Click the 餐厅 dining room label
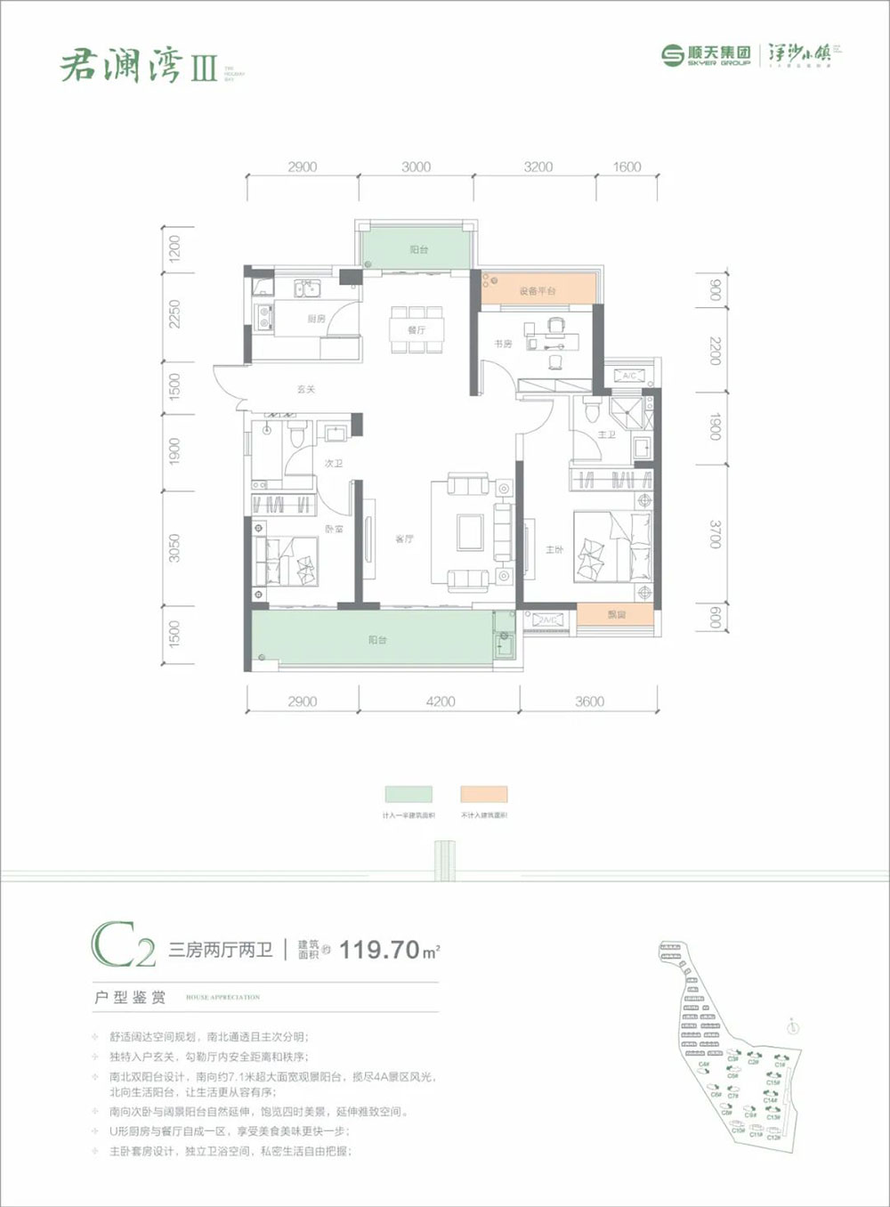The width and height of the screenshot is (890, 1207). [417, 330]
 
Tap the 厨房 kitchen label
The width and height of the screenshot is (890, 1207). [317, 319]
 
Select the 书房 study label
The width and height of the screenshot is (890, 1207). [503, 344]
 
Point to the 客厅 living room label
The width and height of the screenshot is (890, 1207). [404, 539]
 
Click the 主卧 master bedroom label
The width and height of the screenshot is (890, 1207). [554, 549]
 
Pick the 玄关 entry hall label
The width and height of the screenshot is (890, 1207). [306, 390]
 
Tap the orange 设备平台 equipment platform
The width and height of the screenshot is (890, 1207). [538, 291]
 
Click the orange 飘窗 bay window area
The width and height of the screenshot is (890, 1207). [616, 614]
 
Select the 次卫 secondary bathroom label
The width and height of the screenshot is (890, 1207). [333, 464]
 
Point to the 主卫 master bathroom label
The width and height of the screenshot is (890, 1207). [607, 434]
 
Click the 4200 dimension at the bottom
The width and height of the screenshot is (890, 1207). [440, 701]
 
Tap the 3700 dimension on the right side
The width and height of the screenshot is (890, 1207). [715, 536]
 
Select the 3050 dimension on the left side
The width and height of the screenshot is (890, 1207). [175, 547]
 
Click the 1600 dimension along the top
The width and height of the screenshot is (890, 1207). [627, 166]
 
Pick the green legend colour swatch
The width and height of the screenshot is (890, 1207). [409, 794]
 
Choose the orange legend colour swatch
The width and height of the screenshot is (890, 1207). [484, 794]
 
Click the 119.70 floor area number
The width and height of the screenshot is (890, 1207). [379, 949]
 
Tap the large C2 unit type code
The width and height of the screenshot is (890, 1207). [123, 948]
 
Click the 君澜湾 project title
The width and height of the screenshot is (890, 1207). [122, 66]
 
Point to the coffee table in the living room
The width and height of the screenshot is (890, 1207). [471, 532]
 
